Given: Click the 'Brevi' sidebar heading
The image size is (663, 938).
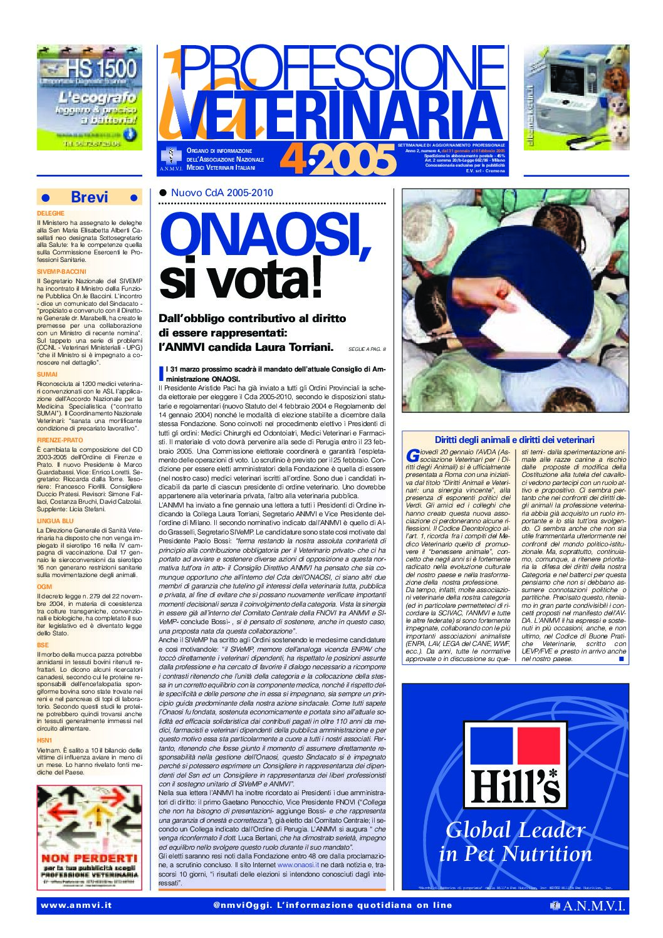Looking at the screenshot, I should (x=90, y=197).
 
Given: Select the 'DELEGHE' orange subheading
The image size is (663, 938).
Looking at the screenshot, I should (x=51, y=214).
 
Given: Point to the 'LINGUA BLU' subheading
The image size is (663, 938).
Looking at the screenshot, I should (x=55, y=521).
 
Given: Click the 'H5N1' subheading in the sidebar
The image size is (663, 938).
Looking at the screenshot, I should (x=44, y=740).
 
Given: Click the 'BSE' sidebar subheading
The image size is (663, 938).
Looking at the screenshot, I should (x=43, y=645).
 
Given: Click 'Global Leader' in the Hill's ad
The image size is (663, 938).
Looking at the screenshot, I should (x=515, y=830).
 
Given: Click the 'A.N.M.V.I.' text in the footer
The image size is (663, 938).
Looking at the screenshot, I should (x=593, y=905).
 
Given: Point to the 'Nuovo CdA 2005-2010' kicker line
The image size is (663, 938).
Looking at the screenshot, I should (x=222, y=193).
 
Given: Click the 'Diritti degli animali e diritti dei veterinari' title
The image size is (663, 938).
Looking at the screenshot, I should (x=514, y=440).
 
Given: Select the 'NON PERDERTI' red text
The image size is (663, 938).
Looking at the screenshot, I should (x=89, y=857).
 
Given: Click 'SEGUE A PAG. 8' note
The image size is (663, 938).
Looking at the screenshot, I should (x=367, y=349).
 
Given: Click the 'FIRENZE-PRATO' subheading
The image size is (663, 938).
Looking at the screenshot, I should (x=60, y=440).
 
